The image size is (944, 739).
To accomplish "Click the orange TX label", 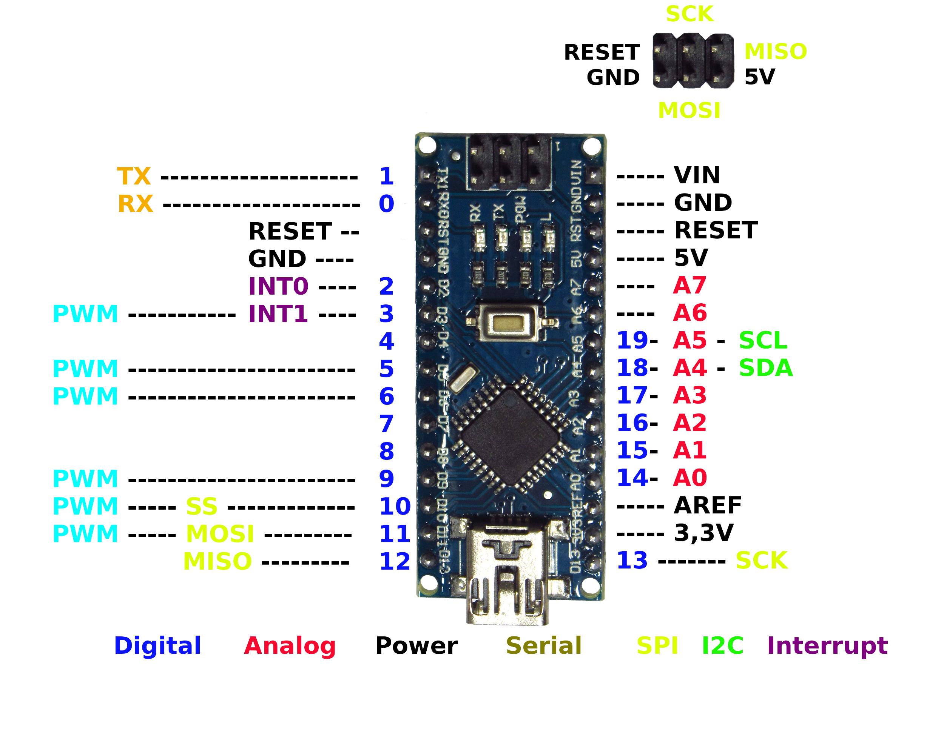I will (134, 176).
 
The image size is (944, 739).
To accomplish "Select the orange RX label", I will (135, 204).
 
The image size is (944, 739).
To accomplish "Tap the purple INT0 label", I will (278, 286).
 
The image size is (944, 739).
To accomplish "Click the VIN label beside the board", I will (697, 175).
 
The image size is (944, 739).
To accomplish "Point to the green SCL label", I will (763, 341).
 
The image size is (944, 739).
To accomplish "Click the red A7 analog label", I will (690, 286).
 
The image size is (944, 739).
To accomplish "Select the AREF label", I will (708, 505).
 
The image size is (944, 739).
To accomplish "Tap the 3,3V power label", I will (704, 533).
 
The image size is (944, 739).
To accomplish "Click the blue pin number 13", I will (632, 561).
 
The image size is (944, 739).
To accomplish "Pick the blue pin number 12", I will (395, 562).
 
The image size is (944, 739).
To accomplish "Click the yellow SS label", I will (201, 507).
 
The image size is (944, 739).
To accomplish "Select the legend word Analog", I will (290, 646).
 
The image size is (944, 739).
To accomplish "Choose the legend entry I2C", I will (722, 645).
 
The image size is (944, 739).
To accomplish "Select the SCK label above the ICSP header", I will (689, 14).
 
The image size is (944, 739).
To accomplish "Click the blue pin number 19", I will (632, 341).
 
